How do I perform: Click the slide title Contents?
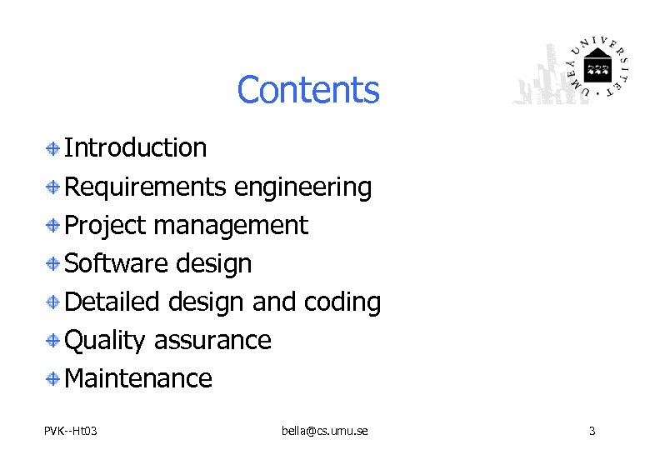pos(307,90)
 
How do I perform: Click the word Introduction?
pos(136,147)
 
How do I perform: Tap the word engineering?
pos(303,187)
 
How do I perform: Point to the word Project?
pos(105,225)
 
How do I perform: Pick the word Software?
pos(116,263)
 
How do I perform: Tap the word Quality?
pos(105,340)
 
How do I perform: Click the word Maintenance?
pos(138,378)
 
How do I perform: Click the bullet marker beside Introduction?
pos(52,148)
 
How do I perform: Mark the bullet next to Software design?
pos(52,264)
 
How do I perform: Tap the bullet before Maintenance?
pos(52,379)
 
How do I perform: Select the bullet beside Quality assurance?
pos(52,341)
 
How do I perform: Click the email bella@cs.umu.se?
pos(325,431)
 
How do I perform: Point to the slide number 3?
pos(592,431)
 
